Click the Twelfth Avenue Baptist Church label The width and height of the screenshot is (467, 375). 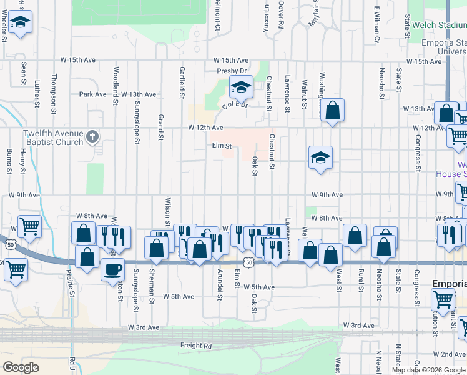53,137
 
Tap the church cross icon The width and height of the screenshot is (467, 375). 92,136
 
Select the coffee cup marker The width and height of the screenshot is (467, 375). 112,269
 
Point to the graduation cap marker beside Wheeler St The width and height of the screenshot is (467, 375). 21,24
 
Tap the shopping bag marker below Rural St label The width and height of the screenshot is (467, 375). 355,237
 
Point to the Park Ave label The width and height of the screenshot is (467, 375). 93,94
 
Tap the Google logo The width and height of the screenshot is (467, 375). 21,367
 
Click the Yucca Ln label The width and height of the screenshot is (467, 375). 266,14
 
